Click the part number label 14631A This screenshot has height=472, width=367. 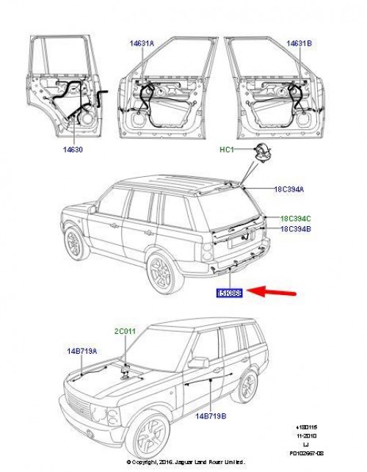142,43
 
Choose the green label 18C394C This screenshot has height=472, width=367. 294,218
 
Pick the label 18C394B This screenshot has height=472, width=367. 294,229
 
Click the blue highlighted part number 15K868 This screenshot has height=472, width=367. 229,293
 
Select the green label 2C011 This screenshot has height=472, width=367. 126,332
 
